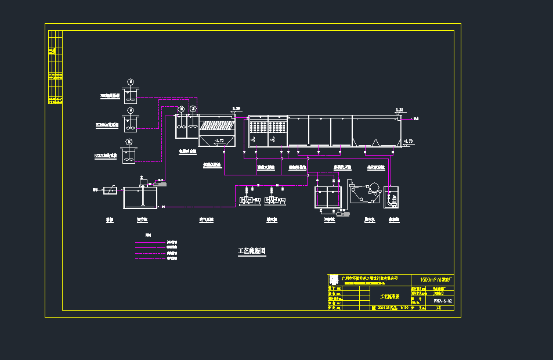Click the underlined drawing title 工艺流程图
coord(252,251)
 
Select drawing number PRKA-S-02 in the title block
coord(442,301)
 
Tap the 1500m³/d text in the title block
coord(432,279)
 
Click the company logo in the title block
coord(333,279)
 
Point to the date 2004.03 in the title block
coord(383,308)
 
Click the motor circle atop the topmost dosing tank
coord(131,81)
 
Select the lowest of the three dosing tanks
coord(128,154)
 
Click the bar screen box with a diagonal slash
coord(110,190)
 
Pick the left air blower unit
coord(248,200)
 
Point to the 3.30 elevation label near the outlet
coord(398,109)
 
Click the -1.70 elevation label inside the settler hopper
coord(218,141)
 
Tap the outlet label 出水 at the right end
coord(416,118)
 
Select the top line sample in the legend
coord(150,242)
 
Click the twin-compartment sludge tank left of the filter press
coord(326,197)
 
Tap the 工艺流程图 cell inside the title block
coord(389,296)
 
